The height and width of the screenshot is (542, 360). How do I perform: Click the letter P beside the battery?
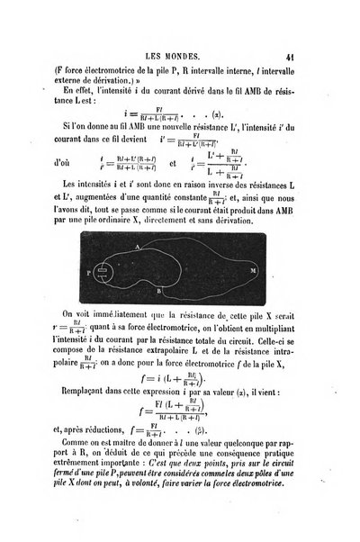pos(87,269)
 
